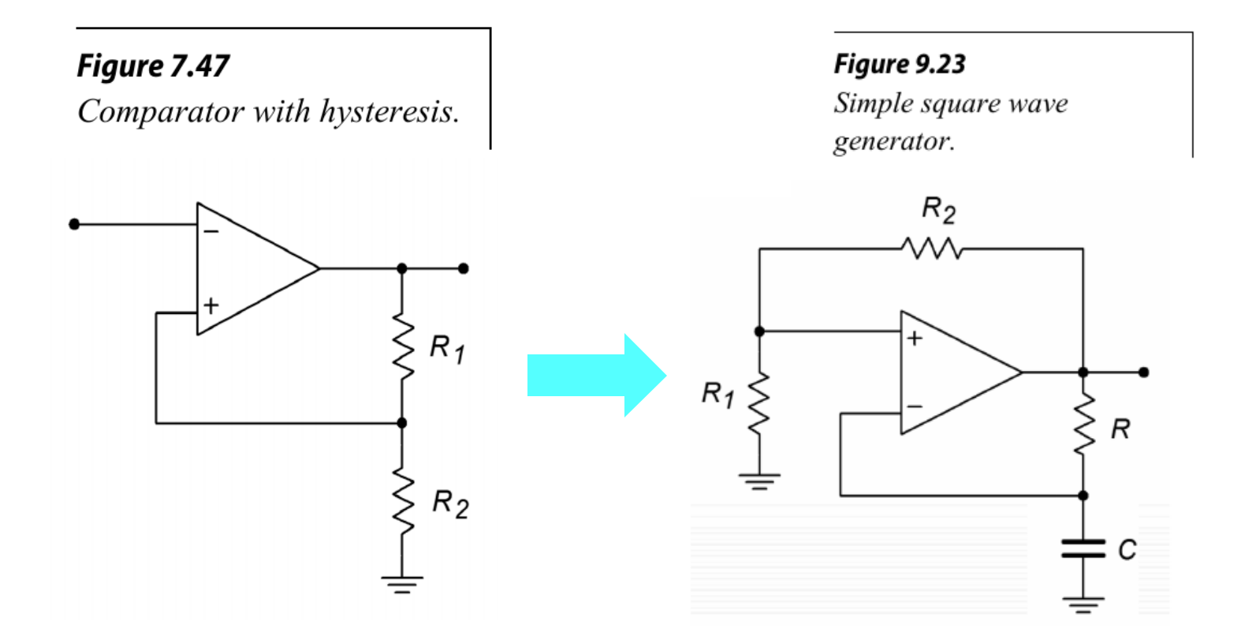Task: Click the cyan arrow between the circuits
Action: click(595, 375)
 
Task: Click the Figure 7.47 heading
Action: click(153, 66)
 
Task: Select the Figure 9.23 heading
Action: click(900, 64)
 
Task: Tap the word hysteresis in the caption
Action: click(389, 111)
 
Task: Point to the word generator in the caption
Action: click(893, 141)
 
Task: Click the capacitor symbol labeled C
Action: click(1083, 549)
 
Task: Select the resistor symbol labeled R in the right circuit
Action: click(1084, 426)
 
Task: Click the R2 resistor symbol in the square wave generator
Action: click(932, 249)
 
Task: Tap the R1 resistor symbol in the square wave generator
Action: click(759, 404)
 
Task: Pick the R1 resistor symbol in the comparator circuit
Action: click(402, 348)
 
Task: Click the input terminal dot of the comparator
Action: click(74, 224)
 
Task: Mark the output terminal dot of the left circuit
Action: click(464, 268)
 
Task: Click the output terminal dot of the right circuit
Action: click(1144, 372)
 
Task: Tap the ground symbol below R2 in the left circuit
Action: click(402, 584)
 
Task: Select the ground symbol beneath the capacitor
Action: click(1083, 605)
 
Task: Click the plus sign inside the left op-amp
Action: click(211, 305)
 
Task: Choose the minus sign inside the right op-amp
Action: click(915, 406)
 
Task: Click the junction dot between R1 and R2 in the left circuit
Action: click(402, 423)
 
